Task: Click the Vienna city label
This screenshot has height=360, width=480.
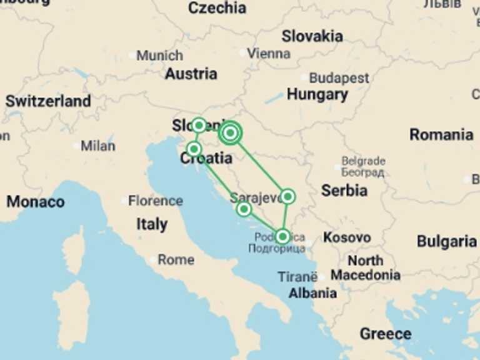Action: coord(269,54)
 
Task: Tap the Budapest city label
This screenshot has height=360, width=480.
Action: coord(339,79)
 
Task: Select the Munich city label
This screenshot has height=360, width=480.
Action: coord(159,56)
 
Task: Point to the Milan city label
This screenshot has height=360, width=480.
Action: coord(98,146)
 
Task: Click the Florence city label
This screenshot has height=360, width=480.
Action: coord(156,201)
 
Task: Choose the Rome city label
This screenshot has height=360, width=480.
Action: coord(176,259)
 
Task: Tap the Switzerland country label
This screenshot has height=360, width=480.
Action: coord(48,101)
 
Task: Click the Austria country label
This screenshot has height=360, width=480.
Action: coord(191,74)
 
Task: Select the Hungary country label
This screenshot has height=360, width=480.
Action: coord(317,95)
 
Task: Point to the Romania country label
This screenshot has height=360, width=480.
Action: coord(441,134)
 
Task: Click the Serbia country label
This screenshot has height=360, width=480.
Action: coord(344,190)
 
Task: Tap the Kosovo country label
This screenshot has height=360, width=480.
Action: coord(347,237)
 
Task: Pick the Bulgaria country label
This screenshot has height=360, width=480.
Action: coord(447,241)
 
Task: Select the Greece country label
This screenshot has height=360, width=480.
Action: coord(386,334)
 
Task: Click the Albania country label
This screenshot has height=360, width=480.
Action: coord(312,293)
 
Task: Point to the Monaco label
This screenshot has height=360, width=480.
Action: coord(36,202)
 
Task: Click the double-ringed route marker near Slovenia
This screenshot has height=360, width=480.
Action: coord(231,132)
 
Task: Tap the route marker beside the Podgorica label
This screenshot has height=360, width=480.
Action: coord(283,236)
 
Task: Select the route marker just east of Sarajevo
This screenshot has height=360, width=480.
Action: coord(287,197)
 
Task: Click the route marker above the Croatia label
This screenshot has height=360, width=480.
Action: coord(194,149)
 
